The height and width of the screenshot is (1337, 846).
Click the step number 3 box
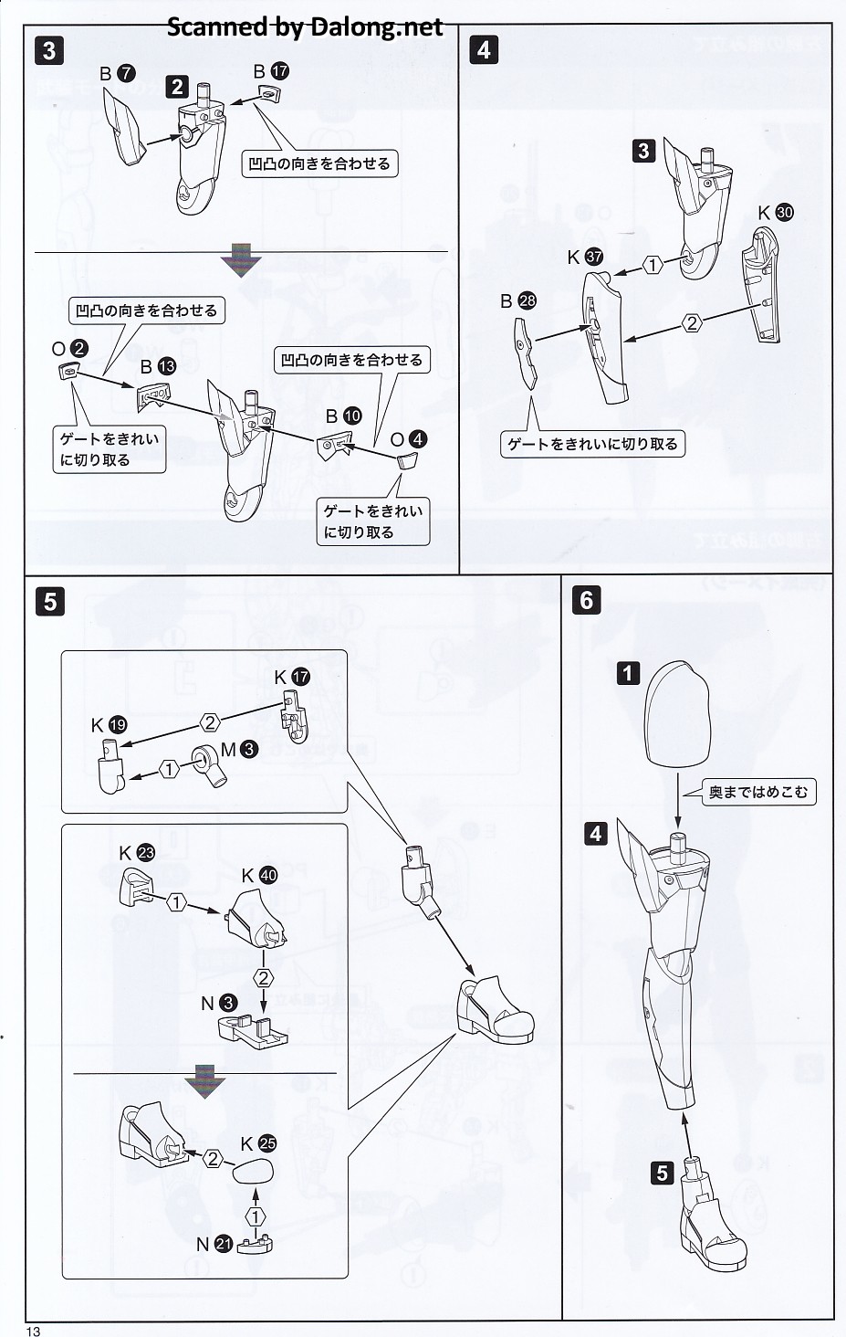pos(48,50)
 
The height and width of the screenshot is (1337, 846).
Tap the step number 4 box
pos(484,50)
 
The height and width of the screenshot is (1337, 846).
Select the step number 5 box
pos(48,601)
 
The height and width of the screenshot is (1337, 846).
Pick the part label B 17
pos(270,70)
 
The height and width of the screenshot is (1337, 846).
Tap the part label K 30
pos(776,213)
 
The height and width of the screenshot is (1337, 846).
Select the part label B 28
pos(518,300)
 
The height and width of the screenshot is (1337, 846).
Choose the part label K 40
pos(258,875)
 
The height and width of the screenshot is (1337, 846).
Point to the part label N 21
pos(214,1243)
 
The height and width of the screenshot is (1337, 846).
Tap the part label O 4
pos(408,439)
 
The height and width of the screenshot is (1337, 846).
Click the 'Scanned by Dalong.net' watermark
pos(304,27)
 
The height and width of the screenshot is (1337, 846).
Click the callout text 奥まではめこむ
pos(757,792)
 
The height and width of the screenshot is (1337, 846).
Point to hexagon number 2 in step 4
pos(692,322)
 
